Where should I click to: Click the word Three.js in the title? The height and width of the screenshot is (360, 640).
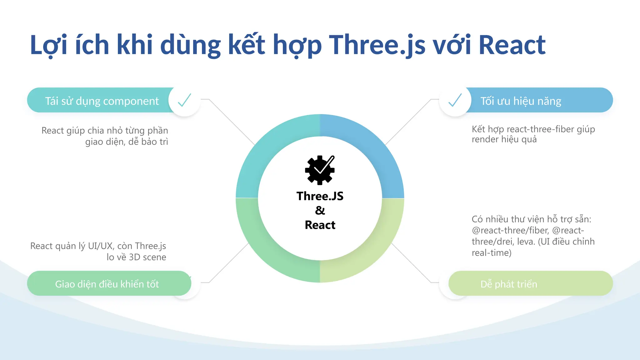[x=377, y=45]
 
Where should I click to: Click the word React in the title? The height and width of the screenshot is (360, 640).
[x=512, y=45]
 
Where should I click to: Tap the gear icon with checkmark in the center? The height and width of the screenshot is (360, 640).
[x=320, y=170]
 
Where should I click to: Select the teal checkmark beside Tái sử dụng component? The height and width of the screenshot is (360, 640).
[x=184, y=100]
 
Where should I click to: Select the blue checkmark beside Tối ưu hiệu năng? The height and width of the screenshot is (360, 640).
[x=455, y=100]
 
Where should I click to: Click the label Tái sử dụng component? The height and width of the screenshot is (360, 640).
[x=102, y=101]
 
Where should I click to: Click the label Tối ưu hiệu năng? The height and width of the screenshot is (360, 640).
[x=521, y=101]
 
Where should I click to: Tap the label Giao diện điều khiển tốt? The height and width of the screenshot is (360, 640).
[x=107, y=284]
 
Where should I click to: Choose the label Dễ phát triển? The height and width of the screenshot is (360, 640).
[x=509, y=284]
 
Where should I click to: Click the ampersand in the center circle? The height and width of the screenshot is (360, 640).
[x=320, y=210]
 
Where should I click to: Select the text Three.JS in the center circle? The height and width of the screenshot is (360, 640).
[x=320, y=196]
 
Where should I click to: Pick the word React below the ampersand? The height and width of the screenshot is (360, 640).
[x=320, y=225]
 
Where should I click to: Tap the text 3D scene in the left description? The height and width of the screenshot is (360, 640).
[x=147, y=257]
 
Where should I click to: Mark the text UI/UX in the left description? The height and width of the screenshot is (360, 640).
[x=100, y=246]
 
